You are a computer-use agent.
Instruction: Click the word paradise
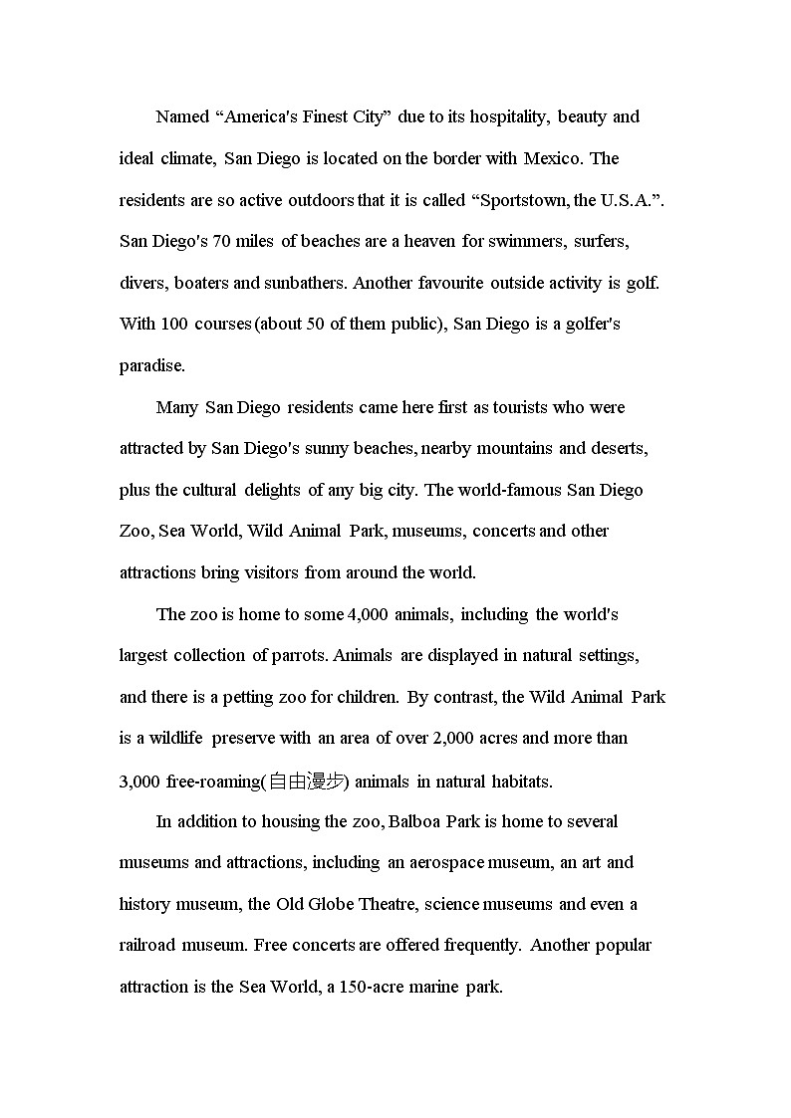pos(152,366)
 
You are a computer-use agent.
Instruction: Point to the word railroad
pos(151,946)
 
